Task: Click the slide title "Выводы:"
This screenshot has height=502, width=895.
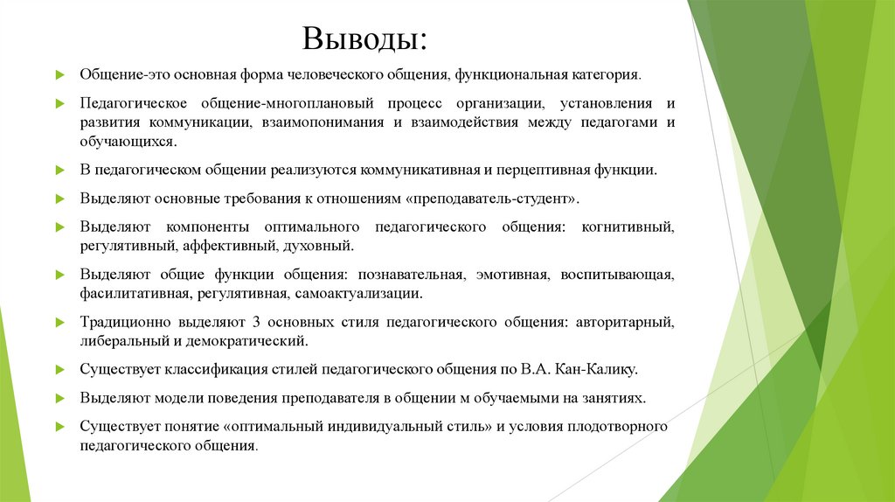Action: click(364, 39)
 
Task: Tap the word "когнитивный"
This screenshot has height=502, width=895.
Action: click(625, 227)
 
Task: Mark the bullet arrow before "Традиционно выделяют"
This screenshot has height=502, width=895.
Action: click(60, 323)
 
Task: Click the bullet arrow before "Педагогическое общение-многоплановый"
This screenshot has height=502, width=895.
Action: click(60, 104)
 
